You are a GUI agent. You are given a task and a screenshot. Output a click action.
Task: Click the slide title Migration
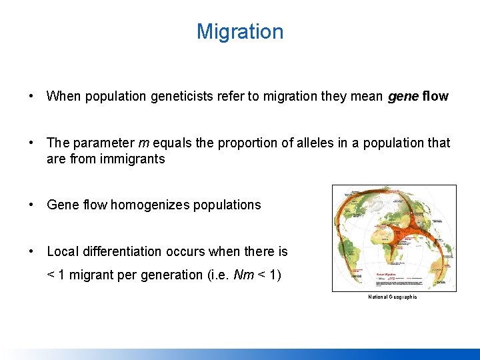click(240, 31)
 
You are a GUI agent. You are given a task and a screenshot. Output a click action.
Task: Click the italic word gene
click(403, 97)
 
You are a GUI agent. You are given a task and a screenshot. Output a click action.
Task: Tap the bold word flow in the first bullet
click(435, 97)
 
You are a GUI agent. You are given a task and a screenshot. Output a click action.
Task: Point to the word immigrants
click(133, 159)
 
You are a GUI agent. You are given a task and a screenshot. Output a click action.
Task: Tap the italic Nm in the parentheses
click(245, 275)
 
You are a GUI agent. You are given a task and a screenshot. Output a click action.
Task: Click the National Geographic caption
click(393, 297)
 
